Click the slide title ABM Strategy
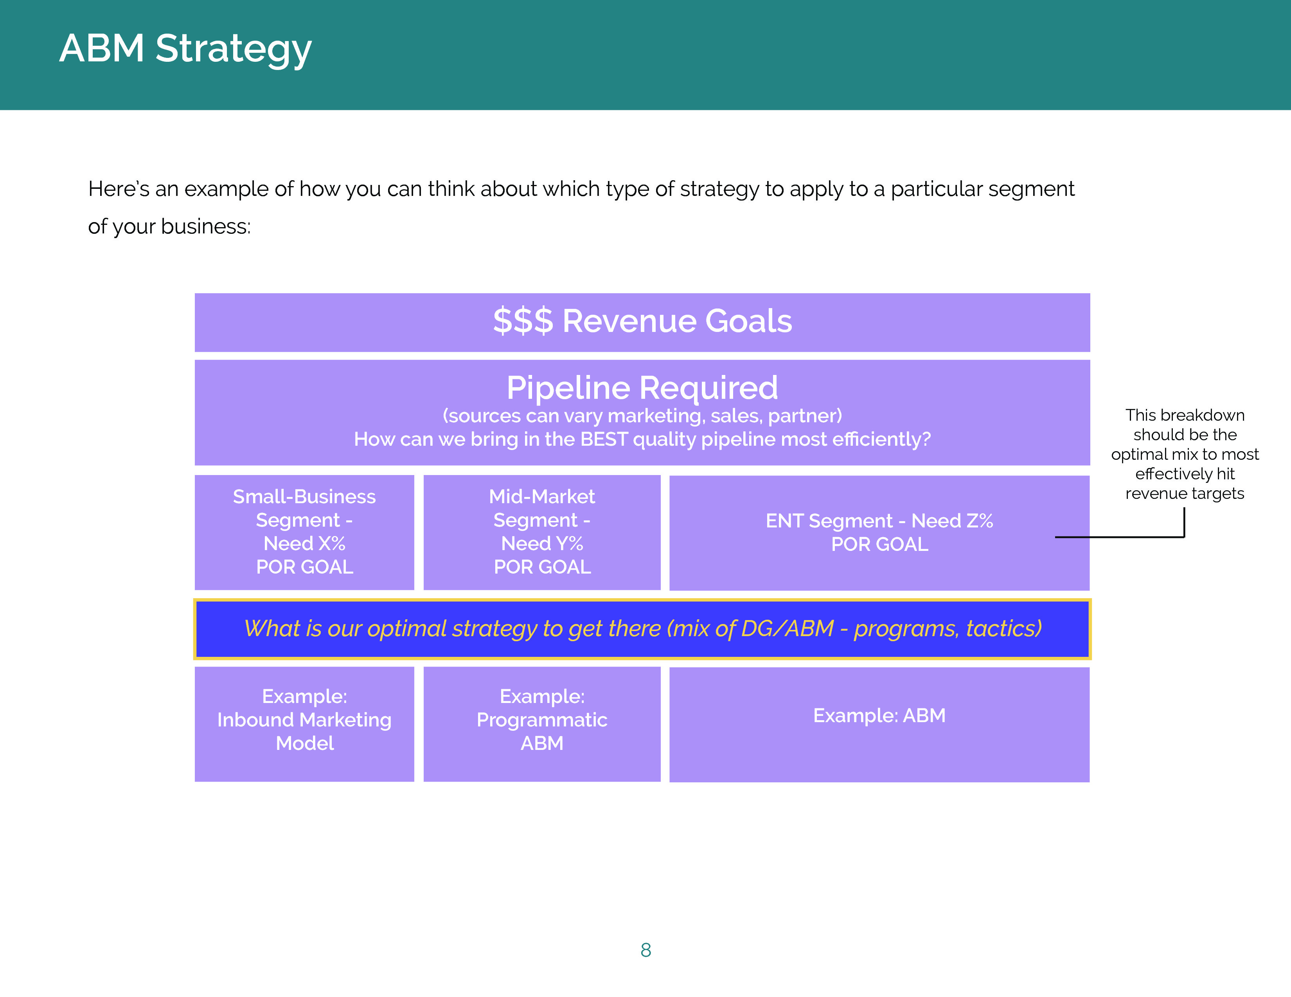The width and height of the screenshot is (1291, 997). tap(185, 48)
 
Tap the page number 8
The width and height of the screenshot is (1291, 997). tap(645, 950)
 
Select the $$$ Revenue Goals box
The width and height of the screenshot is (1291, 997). tap(642, 323)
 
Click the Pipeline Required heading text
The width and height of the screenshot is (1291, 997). tap(642, 387)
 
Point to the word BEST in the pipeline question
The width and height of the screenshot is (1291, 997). tap(604, 439)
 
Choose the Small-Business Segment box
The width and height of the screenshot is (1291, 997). tap(304, 532)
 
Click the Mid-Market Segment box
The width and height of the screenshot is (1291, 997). tap(542, 532)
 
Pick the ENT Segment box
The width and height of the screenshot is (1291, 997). tap(879, 533)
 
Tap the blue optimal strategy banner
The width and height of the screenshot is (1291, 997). tap(642, 629)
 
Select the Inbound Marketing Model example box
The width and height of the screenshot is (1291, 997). tap(304, 724)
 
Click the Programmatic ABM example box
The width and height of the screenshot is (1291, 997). tap(542, 724)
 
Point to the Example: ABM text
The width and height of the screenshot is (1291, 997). tap(879, 716)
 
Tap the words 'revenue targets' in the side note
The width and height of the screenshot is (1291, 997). tap(1185, 494)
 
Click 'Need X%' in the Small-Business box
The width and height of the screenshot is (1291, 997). tap(304, 543)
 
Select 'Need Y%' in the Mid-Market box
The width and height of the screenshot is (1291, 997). tap(542, 543)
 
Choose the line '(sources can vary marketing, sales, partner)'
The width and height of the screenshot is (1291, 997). tap(642, 416)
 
